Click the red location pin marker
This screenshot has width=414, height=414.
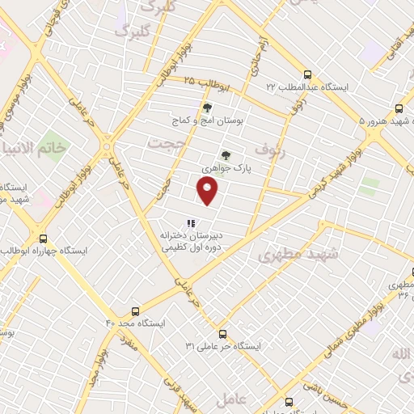point(208,191)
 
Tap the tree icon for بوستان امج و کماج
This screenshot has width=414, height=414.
point(207,107)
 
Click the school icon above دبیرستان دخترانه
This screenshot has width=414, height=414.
point(191,223)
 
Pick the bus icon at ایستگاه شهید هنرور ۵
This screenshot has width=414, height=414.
point(399,108)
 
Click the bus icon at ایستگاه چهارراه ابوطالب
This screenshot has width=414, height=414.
point(44,239)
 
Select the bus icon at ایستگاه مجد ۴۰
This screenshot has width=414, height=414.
point(135,310)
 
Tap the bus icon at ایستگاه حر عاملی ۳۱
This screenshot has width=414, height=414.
point(222,333)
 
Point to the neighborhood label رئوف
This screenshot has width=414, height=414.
point(270,150)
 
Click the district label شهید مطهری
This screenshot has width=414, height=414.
point(289,255)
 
